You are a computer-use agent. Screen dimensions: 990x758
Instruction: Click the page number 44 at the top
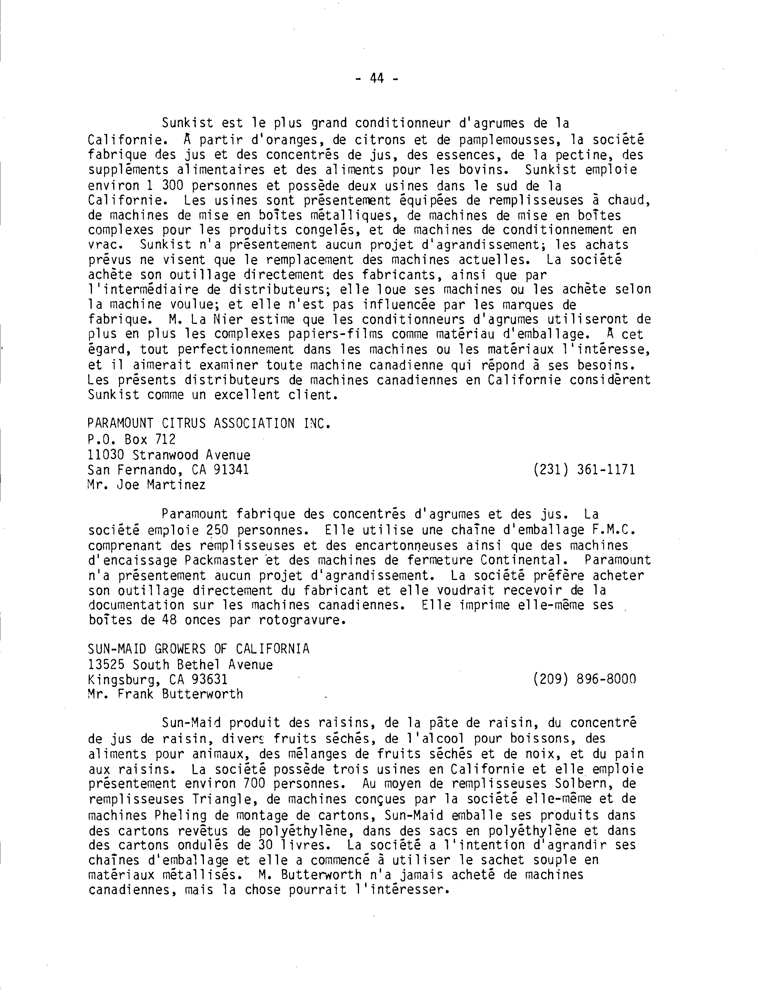click(x=377, y=79)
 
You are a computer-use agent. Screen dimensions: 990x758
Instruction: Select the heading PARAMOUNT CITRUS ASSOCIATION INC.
click(x=209, y=424)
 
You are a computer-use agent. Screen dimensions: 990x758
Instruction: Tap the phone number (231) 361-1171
click(x=584, y=470)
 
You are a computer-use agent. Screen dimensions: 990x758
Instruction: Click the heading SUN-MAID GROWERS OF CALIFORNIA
click(x=199, y=649)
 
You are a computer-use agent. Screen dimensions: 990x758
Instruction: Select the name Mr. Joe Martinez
click(x=147, y=485)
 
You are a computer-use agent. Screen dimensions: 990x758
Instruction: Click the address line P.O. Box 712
click(x=132, y=439)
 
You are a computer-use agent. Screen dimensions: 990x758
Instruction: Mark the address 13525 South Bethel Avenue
click(x=180, y=664)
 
